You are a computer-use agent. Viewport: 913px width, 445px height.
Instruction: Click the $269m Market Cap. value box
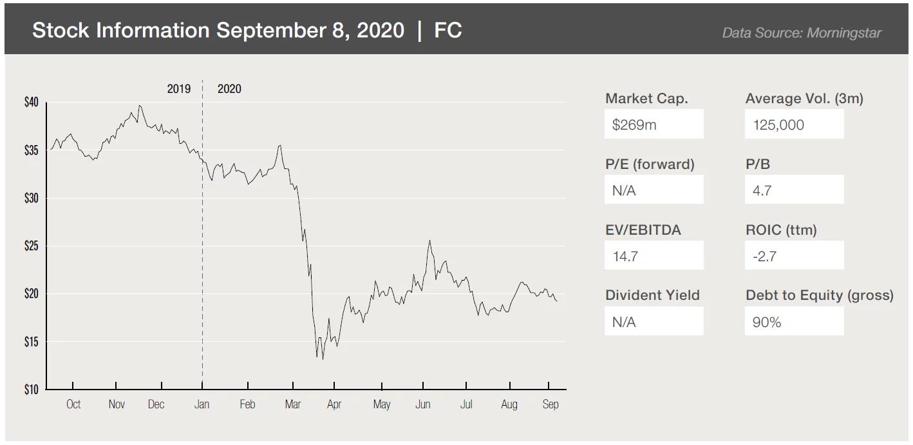pyautogui.click(x=654, y=124)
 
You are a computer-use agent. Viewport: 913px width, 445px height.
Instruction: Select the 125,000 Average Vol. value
pyautogui.click(x=794, y=124)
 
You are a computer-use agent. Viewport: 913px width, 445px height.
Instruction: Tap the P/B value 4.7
pyautogui.click(x=794, y=190)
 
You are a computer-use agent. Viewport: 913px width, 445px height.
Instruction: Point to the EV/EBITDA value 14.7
pyautogui.click(x=654, y=256)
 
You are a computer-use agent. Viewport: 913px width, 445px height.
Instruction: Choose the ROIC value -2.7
pyautogui.click(x=794, y=256)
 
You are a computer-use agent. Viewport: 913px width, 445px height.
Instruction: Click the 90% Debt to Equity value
pyautogui.click(x=794, y=322)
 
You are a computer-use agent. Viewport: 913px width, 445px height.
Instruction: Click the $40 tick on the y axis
pyautogui.click(x=32, y=103)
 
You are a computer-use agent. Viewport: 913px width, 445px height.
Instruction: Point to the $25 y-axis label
pyautogui.click(x=32, y=246)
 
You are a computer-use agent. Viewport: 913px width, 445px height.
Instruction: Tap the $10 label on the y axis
pyautogui.click(x=32, y=390)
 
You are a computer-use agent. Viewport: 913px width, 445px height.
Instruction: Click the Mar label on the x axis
pyautogui.click(x=293, y=404)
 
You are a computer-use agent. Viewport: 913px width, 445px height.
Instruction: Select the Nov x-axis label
pyautogui.click(x=117, y=404)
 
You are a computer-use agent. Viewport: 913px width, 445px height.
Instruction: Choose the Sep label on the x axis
pyautogui.click(x=551, y=404)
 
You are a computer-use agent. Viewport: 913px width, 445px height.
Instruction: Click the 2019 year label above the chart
pyautogui.click(x=179, y=89)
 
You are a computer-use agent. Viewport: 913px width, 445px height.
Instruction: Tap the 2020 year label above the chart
pyautogui.click(x=229, y=89)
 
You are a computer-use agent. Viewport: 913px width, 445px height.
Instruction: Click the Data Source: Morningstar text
pyautogui.click(x=801, y=33)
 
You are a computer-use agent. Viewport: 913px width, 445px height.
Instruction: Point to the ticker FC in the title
pyautogui.click(x=448, y=30)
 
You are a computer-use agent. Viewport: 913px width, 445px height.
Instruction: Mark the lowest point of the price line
pyautogui.click(x=323, y=359)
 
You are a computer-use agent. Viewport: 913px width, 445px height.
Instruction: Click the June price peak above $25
pyautogui.click(x=429, y=241)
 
